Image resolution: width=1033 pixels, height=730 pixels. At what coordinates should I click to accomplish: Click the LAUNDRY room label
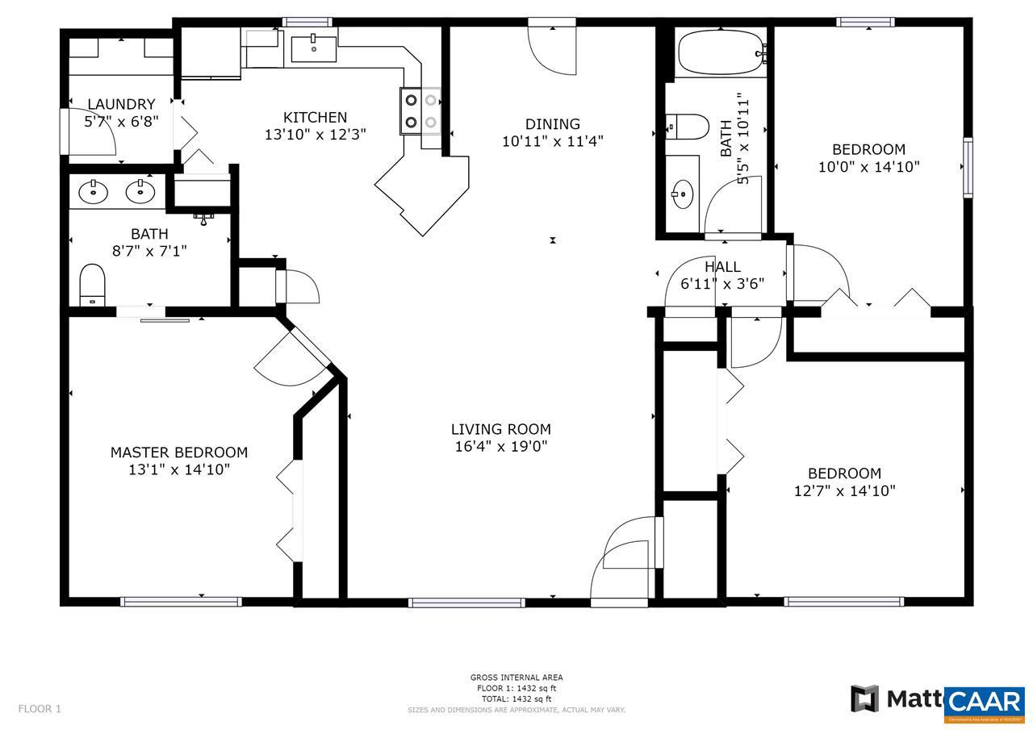click(x=121, y=104)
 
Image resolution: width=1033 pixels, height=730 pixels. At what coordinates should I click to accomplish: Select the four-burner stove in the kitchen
click(x=421, y=111)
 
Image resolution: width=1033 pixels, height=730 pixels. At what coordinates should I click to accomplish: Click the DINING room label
click(x=553, y=123)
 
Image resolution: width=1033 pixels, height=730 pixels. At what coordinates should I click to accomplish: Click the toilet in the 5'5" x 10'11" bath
click(x=688, y=126)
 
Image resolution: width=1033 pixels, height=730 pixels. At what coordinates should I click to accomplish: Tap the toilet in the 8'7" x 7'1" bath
click(x=93, y=285)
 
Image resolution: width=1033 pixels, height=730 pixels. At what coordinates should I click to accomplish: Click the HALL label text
click(x=722, y=266)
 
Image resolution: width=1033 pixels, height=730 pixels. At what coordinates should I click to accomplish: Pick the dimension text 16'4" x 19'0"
click(x=501, y=446)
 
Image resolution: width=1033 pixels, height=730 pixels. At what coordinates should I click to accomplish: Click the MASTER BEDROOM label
click(x=179, y=453)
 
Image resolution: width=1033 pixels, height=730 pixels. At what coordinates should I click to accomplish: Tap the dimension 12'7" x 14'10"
click(x=845, y=490)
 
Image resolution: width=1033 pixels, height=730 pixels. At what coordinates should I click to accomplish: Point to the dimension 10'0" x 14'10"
click(x=869, y=167)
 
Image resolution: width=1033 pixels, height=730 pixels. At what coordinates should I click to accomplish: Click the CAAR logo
click(x=985, y=700)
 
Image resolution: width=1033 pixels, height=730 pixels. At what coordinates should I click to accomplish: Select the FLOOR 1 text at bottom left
click(x=40, y=709)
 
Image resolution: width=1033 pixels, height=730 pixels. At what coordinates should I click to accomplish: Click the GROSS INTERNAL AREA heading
click(x=516, y=678)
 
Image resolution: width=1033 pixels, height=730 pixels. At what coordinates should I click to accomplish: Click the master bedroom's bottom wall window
click(x=181, y=601)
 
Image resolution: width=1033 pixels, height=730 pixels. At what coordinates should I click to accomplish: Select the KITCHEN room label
click(x=316, y=117)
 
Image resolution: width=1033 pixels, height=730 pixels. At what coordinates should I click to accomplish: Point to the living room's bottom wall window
click(x=466, y=602)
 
